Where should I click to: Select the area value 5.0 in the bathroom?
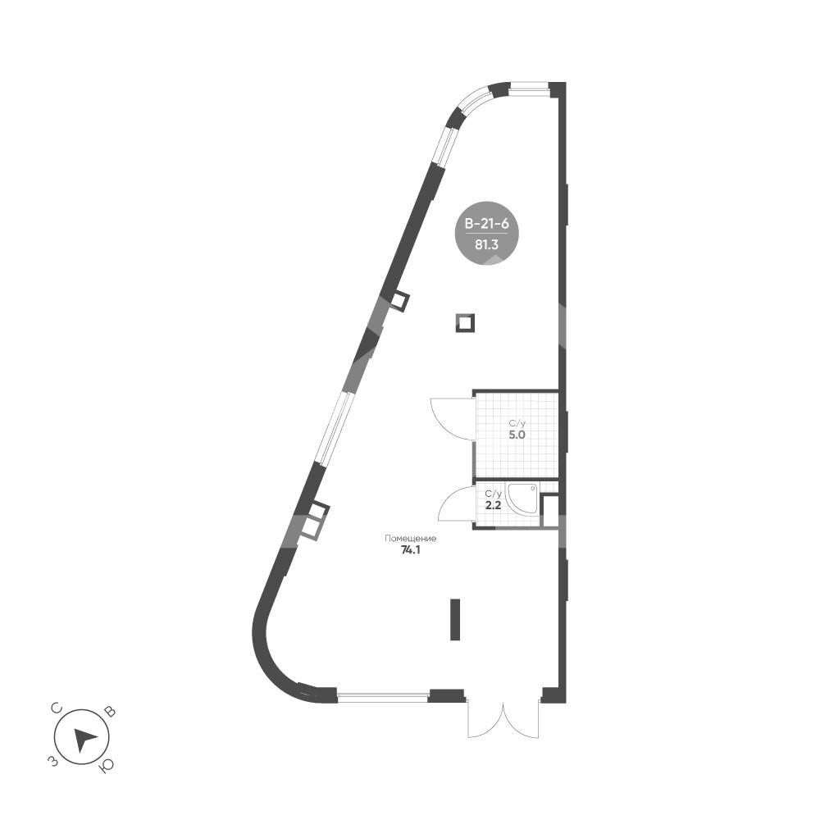[516, 435]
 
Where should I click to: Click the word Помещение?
[410, 539]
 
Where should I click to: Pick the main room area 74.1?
[410, 551]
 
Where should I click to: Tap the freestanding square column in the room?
[465, 323]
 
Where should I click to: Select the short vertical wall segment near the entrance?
[453, 619]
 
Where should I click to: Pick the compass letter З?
[52, 763]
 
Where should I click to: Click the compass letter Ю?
[106, 767]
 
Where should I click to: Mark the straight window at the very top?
[530, 84]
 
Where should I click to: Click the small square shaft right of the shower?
[550, 511]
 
